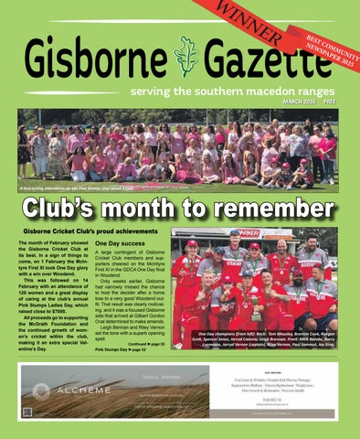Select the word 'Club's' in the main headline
[69, 208]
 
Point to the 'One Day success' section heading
[120, 244]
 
